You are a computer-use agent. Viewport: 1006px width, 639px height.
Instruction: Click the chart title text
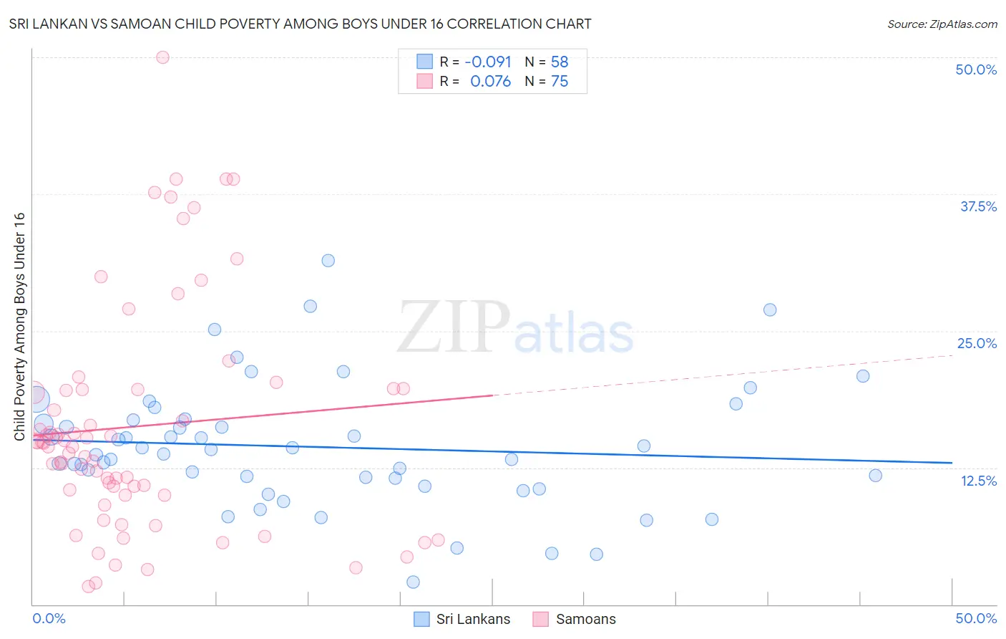pyautogui.click(x=300, y=24)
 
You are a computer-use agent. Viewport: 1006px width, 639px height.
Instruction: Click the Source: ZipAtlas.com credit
pyautogui.click(x=942, y=24)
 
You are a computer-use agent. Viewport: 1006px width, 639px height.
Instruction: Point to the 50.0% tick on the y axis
pyautogui.click(x=976, y=69)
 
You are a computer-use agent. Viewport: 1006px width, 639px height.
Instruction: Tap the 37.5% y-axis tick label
pyautogui.click(x=978, y=206)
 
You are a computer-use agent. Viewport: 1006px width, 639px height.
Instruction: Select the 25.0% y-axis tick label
pyautogui.click(x=977, y=343)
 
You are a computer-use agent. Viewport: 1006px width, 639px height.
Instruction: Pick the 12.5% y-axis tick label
pyautogui.click(x=978, y=481)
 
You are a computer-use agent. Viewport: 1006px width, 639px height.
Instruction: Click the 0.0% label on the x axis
pyautogui.click(x=49, y=618)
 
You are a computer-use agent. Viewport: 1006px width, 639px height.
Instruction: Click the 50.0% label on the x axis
pyautogui.click(x=976, y=618)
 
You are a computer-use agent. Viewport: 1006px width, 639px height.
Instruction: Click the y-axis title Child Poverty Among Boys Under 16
pyautogui.click(x=19, y=326)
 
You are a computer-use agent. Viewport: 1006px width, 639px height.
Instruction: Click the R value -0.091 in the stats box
pyautogui.click(x=488, y=62)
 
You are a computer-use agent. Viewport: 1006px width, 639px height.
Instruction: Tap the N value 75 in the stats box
pyautogui.click(x=560, y=82)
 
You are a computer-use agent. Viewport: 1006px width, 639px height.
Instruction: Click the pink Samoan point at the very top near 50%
pyautogui.click(x=162, y=57)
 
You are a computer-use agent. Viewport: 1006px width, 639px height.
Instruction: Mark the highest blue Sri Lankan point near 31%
pyautogui.click(x=328, y=261)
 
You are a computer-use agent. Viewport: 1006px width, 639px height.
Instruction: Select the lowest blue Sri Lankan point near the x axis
pyautogui.click(x=413, y=582)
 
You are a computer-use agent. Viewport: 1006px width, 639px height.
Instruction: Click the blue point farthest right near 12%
pyautogui.click(x=875, y=476)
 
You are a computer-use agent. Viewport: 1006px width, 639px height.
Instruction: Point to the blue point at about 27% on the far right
pyautogui.click(x=770, y=309)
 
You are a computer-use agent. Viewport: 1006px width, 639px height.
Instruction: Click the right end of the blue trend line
pyautogui.click(x=952, y=463)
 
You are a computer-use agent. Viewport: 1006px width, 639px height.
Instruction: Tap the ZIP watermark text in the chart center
pyautogui.click(x=454, y=328)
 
